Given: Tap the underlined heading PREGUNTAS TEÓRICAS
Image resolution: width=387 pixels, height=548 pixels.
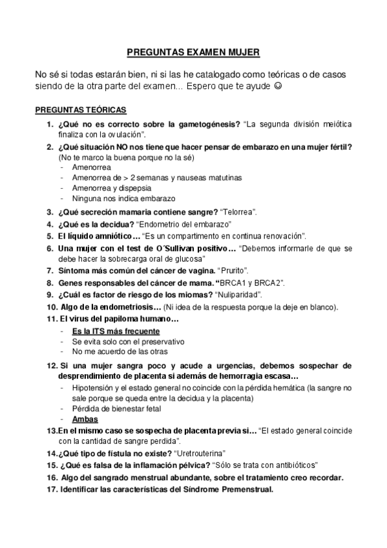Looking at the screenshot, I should pos(81,109).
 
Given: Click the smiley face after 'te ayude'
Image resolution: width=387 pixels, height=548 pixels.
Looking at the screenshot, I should pos(278,86).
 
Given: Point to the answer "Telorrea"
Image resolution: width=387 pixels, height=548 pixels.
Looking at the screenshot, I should pos(239,211).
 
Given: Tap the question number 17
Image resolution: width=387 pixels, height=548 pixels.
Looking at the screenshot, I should pos(51,489).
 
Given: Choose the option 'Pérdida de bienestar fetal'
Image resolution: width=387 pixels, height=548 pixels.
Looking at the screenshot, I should pos(116,408).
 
